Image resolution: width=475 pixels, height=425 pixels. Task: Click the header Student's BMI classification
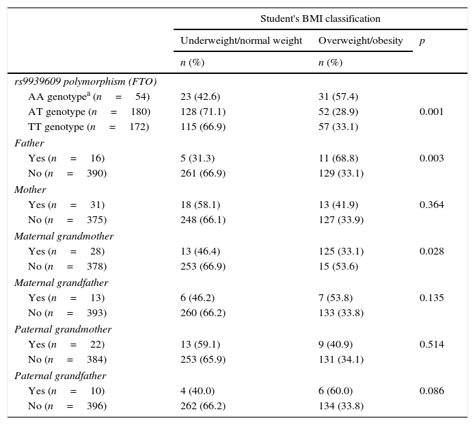320,18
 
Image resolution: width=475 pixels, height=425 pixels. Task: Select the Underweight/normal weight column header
241,40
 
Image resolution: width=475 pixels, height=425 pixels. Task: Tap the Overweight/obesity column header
360,40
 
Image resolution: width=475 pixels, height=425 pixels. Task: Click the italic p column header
422,40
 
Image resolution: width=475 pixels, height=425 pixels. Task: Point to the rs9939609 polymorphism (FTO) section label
85,81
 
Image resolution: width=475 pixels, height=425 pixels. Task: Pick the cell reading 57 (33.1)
338,127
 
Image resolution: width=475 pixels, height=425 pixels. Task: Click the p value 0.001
431,112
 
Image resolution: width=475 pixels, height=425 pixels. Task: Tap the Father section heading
29,143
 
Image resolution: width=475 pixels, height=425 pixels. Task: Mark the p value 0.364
431,205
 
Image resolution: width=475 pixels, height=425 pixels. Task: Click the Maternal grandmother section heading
64,236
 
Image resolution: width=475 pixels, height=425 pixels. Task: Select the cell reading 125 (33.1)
340,251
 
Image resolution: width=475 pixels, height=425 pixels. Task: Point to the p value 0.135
431,298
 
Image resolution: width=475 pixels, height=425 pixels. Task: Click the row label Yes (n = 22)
66,344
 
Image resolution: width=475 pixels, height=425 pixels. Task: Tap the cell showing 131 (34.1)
340,359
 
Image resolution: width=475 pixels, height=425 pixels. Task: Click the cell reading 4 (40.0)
197,391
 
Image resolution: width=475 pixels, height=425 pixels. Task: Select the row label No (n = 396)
67,406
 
